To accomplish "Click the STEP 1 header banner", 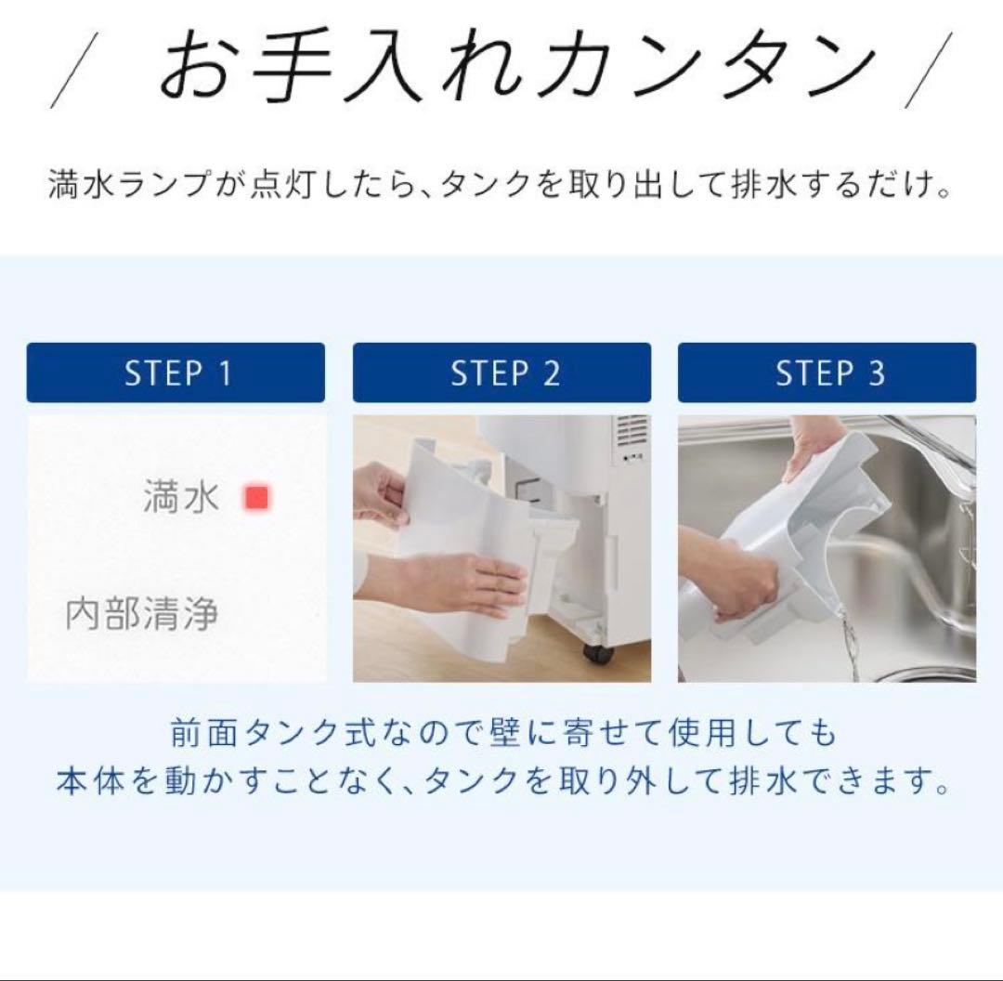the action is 176,373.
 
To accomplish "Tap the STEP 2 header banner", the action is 502,373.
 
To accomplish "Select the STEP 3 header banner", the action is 827,373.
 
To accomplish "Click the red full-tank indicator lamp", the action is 257,498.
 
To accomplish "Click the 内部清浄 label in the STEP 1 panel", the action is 141,613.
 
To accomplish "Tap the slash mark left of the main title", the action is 73,71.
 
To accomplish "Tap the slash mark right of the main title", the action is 929,71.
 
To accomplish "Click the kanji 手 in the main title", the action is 293,67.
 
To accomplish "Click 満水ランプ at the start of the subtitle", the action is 130,184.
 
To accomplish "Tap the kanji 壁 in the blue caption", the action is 505,733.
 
